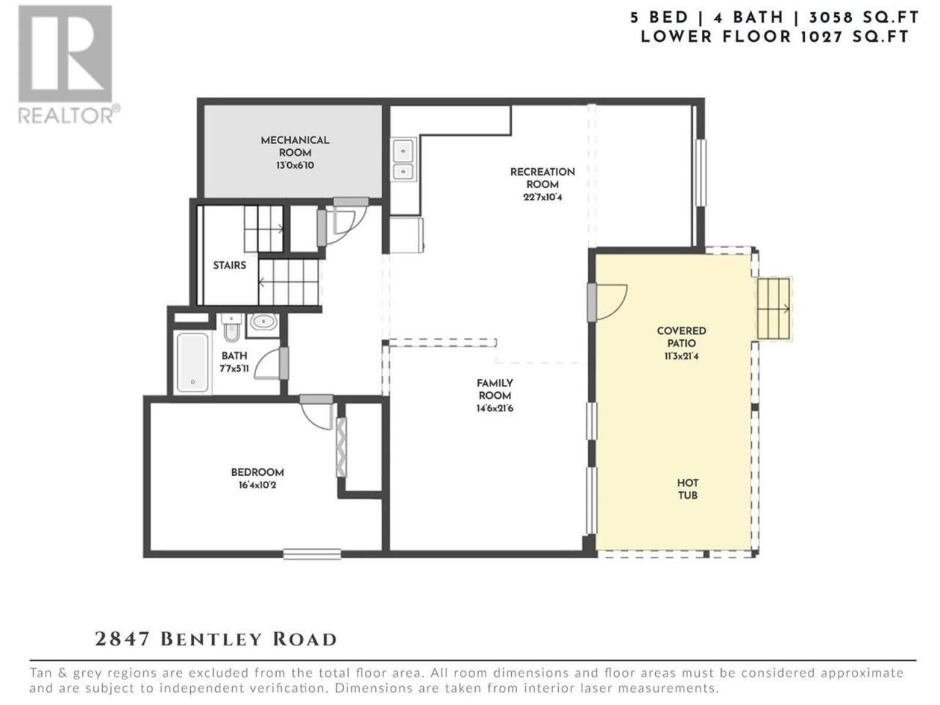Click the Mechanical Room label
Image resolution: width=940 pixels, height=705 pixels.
coord(295,146)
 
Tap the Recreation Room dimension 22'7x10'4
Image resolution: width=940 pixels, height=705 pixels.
coord(543,198)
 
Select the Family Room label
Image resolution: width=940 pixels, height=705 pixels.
coord(495,389)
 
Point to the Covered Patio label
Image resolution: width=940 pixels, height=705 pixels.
coord(681,337)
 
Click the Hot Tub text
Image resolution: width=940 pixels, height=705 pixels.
coord(687,489)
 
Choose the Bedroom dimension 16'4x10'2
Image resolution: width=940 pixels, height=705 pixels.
coord(257,485)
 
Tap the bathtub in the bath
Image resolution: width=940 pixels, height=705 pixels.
coord(192,362)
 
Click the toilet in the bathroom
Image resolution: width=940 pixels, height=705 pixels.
coord(231,328)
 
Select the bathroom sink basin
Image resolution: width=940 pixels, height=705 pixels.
coord(262,322)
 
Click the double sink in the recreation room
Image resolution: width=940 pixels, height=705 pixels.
coord(403,159)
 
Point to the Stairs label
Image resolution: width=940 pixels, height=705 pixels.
coord(230,265)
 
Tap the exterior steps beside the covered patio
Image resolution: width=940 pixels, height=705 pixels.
coord(774,308)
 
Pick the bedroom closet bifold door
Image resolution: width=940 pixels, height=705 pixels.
coord(341,447)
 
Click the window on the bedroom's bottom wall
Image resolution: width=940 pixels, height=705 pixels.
coord(312,554)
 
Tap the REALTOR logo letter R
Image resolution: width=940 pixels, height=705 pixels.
coord(65,54)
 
